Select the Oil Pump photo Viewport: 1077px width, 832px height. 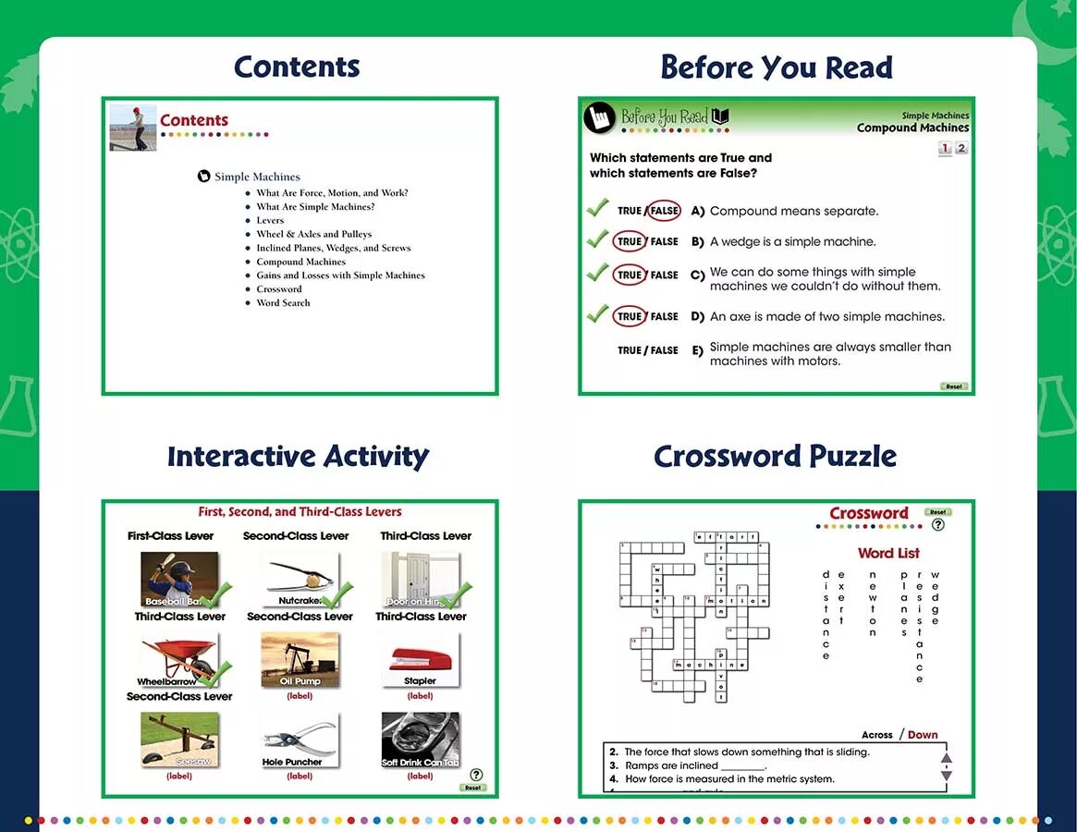pyautogui.click(x=300, y=658)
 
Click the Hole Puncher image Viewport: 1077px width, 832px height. pyautogui.click(x=299, y=738)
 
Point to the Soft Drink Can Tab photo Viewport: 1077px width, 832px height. pyautogui.click(x=420, y=738)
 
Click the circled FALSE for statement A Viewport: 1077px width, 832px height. pyautogui.click(x=663, y=211)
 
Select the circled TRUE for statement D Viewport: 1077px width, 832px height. pyautogui.click(x=630, y=316)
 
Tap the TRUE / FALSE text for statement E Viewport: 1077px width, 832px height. pyautogui.click(x=648, y=350)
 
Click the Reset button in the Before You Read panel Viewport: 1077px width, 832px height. pyautogui.click(x=954, y=386)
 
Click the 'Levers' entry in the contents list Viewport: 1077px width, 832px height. pyautogui.click(x=270, y=220)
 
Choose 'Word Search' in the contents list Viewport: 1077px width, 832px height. pyautogui.click(x=283, y=302)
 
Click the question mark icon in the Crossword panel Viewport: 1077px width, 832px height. pyautogui.click(x=938, y=525)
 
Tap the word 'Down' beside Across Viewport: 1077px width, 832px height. pyautogui.click(x=923, y=735)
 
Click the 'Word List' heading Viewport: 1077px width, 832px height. pyautogui.click(x=888, y=553)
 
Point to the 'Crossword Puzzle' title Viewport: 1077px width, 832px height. pyautogui.click(x=775, y=456)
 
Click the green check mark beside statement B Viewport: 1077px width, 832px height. pyautogui.click(x=597, y=239)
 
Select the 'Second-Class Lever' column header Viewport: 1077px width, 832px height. pyautogui.click(x=296, y=535)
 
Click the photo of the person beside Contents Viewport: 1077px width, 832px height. pyautogui.click(x=133, y=127)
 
